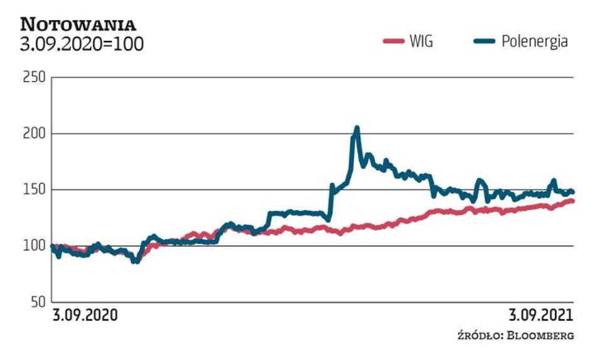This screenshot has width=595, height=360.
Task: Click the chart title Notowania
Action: click(x=78, y=24)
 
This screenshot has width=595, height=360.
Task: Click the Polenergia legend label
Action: click(x=535, y=42)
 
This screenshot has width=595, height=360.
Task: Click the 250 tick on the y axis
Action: click(x=34, y=78)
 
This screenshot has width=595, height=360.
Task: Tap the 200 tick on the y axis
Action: click(x=34, y=134)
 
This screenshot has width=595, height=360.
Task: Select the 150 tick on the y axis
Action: click(x=34, y=189)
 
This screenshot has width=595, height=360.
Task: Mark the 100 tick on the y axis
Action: click(x=34, y=246)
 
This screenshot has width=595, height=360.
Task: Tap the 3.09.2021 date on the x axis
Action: click(x=541, y=315)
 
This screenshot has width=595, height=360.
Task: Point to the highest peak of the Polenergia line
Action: click(x=357, y=128)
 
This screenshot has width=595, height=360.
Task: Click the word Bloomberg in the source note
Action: click(x=542, y=336)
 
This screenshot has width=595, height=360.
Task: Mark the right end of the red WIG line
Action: click(x=572, y=201)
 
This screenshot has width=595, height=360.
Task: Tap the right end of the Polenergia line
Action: click(x=572, y=192)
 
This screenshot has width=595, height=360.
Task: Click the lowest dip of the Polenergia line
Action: click(x=134, y=261)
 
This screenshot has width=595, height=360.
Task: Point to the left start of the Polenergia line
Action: click(x=53, y=246)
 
